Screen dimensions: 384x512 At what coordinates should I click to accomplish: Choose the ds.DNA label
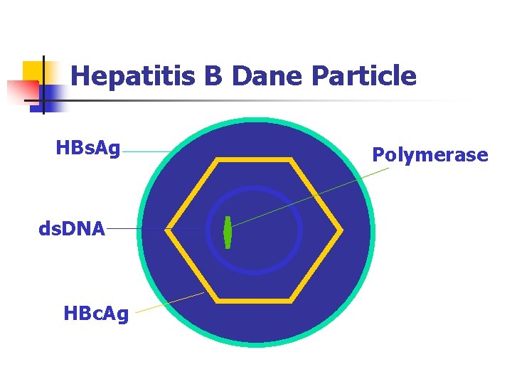72,229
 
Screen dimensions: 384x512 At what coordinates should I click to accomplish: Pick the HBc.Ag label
96,313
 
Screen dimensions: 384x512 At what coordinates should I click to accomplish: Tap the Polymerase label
430,154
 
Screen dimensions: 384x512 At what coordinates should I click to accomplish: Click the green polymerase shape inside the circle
228,232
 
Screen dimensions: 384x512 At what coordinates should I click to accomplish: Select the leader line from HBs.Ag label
146,151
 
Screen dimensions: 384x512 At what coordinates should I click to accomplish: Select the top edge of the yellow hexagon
254,161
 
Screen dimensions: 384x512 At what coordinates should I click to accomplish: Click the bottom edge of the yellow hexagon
254,301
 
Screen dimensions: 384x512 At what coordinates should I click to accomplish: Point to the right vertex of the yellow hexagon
341,230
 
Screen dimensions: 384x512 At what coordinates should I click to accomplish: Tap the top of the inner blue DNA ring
254,189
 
